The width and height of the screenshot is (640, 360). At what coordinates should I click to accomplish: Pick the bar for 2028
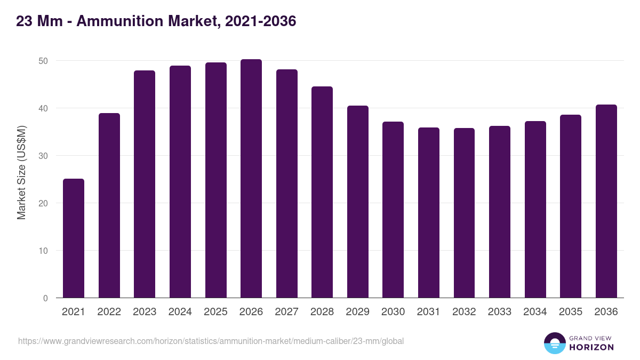(x=322, y=192)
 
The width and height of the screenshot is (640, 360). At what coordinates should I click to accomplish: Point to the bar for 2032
(x=464, y=213)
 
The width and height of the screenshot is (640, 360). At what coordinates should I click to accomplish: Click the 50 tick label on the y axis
(x=43, y=61)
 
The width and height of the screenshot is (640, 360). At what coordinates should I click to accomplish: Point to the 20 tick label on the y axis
(x=43, y=203)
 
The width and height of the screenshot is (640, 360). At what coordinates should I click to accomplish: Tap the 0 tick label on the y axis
(x=46, y=298)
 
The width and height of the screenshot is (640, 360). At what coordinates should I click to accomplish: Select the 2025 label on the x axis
(x=215, y=312)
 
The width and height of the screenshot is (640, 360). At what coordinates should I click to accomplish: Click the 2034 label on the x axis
(x=535, y=312)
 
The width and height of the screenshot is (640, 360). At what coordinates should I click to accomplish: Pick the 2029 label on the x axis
(x=357, y=312)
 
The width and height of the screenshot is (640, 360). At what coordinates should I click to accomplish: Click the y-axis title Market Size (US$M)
(x=21, y=172)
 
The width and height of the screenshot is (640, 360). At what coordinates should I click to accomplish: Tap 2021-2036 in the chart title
(x=261, y=21)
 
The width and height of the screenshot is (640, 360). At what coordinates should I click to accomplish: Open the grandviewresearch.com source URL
(x=211, y=341)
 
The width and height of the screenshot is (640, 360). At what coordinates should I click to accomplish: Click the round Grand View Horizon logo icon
(x=555, y=343)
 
